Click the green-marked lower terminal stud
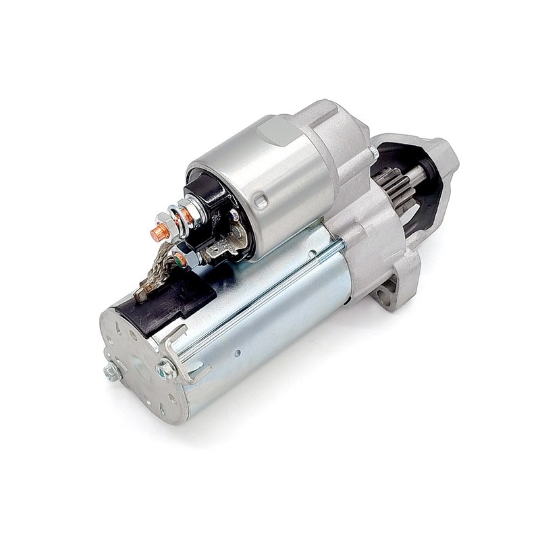coord(180,259)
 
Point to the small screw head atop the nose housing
coord(373,152)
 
